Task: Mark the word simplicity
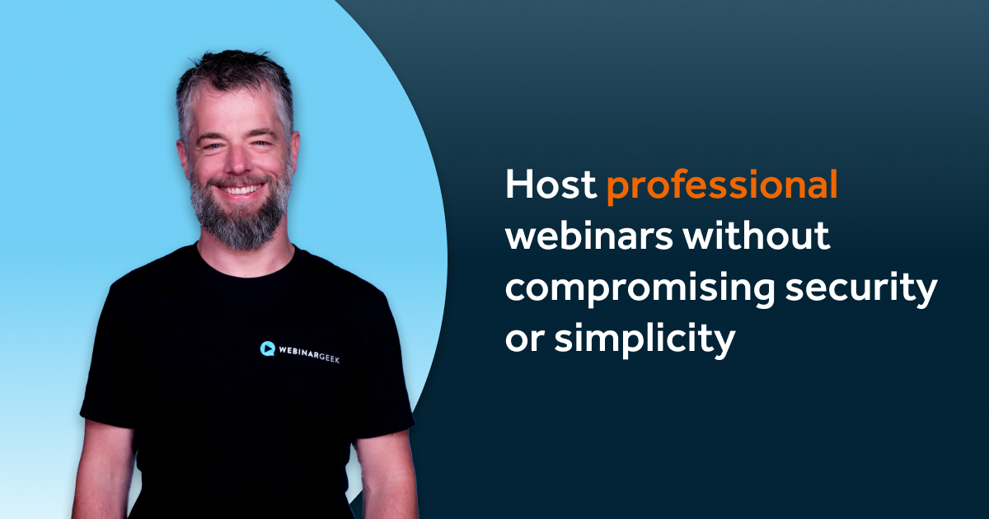click(x=644, y=339)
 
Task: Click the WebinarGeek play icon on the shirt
click(x=267, y=348)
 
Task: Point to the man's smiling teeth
click(x=240, y=189)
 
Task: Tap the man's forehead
click(x=237, y=111)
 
